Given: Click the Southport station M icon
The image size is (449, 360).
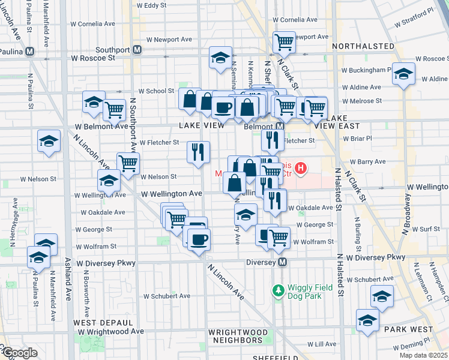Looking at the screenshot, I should pos(138,50).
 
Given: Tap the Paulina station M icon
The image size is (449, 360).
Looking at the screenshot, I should pos(29,52).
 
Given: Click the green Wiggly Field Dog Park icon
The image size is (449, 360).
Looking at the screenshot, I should pos(278,291).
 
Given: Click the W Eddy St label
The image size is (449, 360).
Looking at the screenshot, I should pos(151,5).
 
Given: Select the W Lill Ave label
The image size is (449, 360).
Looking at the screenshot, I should pos(322,344).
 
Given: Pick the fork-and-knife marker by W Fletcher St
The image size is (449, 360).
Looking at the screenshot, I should pos(199,152).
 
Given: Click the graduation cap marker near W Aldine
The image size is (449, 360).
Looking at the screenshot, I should pos(403,74).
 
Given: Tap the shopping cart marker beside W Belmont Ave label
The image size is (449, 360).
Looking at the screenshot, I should pos(114,110).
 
